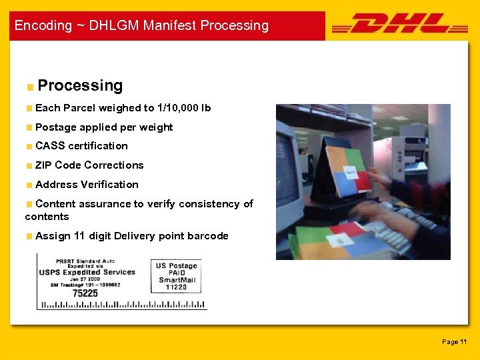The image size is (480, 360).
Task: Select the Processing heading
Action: point(80,85)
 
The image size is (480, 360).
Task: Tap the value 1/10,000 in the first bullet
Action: point(177,108)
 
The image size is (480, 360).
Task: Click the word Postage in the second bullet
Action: point(54,127)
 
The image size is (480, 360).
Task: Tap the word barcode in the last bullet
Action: point(207,236)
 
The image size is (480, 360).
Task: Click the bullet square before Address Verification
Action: point(29,185)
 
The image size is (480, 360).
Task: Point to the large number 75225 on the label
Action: point(85,293)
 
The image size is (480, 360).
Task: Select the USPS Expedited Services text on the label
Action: point(87,272)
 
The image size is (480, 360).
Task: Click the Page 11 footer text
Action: point(454,342)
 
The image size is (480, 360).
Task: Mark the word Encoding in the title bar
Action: point(43,26)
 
